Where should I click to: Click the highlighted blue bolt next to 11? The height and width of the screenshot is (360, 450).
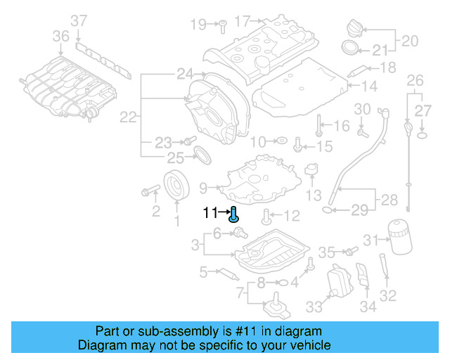tap(234, 214)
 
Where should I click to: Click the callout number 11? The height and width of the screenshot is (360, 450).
tap(210, 212)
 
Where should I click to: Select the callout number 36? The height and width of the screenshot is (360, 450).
tap(61, 35)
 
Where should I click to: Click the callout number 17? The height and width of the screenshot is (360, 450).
tap(242, 21)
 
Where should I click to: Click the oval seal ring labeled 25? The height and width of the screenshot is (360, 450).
tap(203, 154)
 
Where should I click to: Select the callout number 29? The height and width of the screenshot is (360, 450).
tap(359, 210)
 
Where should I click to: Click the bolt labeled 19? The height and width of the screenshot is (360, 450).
tap(220, 25)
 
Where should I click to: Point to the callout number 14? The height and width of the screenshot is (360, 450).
tap(370, 86)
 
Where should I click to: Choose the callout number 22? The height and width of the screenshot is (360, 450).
tap(127, 118)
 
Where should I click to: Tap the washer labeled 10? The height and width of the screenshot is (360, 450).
tap(279, 141)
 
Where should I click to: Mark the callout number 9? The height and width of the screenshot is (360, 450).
tap(203, 188)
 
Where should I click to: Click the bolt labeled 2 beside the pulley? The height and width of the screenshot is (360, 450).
tap(150, 191)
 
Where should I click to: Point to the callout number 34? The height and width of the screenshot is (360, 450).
tap(368, 307)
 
